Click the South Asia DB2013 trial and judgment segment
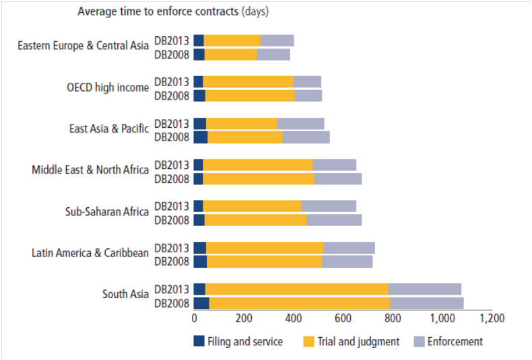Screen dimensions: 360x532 click(296, 289)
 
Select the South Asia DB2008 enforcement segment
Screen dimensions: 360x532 click(427, 303)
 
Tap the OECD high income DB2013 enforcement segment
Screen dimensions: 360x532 click(307, 81)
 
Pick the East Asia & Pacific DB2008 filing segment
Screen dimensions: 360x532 click(201, 137)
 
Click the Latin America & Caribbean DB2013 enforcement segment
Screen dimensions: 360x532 click(349, 248)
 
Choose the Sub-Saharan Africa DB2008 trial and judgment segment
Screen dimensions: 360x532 click(255, 220)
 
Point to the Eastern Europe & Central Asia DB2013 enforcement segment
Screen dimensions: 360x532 click(277, 40)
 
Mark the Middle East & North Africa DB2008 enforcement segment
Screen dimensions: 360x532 click(338, 178)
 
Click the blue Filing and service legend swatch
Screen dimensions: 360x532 click(199, 341)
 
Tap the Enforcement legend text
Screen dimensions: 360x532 click(455, 341)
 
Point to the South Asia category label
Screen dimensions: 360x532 click(125, 294)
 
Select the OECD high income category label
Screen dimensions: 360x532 click(108, 87)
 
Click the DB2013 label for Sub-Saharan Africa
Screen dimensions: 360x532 click(172, 206)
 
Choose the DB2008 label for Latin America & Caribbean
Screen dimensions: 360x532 click(172, 261)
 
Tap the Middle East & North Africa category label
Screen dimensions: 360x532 click(90, 170)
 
